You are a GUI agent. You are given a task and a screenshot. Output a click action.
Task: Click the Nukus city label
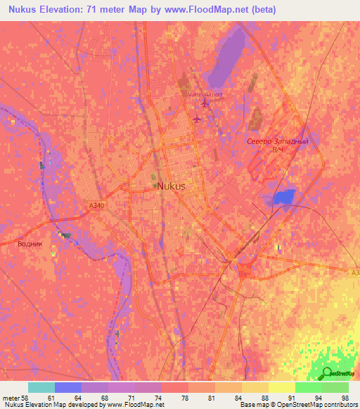(x=172, y=186)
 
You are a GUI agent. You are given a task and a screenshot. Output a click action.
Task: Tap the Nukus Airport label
(x=204, y=93)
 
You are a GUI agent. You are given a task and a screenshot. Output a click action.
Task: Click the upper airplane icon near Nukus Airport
(x=205, y=105)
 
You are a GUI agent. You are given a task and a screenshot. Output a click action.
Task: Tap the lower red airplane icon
(x=197, y=118)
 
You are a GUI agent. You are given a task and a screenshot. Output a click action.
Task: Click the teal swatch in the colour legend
(x=41, y=387)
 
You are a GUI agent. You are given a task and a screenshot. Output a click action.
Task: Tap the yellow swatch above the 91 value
(x=281, y=387)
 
